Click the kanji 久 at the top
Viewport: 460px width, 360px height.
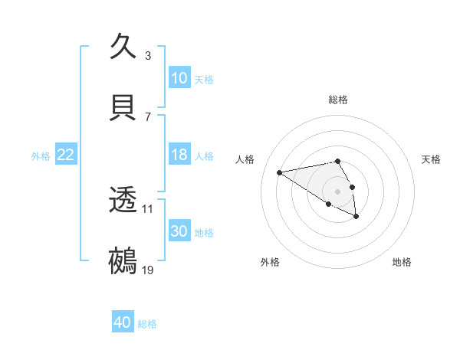(124, 46)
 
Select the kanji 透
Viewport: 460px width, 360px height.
(124, 200)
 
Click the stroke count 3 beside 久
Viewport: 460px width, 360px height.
(148, 55)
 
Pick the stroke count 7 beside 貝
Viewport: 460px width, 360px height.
(148, 116)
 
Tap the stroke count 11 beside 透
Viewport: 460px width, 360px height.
(148, 208)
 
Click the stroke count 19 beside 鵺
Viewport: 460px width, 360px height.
(148, 270)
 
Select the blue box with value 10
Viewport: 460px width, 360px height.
(179, 78)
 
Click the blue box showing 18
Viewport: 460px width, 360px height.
(179, 155)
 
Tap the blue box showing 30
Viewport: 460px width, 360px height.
(179, 231)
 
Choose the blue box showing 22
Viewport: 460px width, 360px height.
(66, 155)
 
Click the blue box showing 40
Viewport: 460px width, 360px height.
(123, 323)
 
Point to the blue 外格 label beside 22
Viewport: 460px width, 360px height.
(41, 155)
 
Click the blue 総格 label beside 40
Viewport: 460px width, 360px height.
(147, 324)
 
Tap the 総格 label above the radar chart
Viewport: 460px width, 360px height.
(338, 100)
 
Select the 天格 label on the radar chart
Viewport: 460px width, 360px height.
(431, 159)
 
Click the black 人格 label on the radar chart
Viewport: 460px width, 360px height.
(245, 159)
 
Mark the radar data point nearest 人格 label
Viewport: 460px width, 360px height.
(280, 172)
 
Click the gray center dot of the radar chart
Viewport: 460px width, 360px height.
(338, 191)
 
